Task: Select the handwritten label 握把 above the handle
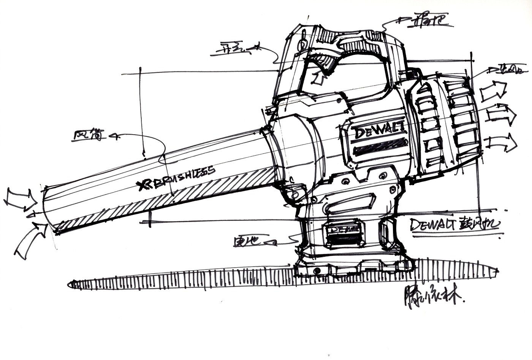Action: coord(429,22)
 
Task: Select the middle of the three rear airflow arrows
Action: coord(501,114)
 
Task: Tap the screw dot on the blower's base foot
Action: coord(316,270)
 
